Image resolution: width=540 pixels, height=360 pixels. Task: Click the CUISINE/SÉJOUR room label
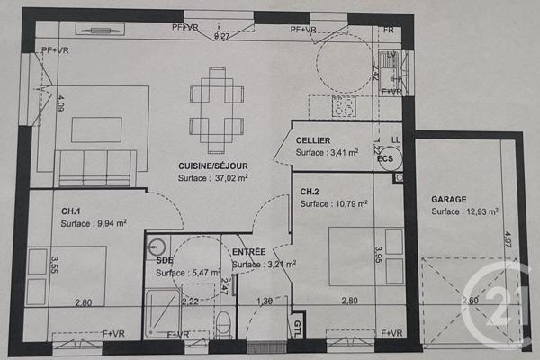pyautogui.click(x=212, y=166)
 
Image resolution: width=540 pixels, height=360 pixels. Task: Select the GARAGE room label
pyautogui.click(x=450, y=199)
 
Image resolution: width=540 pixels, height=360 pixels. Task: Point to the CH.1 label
pyautogui.click(x=71, y=211)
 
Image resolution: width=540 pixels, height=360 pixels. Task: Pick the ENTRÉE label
pyautogui.click(x=248, y=252)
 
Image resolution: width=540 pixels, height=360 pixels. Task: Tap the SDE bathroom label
pyautogui.click(x=164, y=260)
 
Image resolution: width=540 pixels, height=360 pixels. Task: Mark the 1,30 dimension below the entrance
pyautogui.click(x=264, y=301)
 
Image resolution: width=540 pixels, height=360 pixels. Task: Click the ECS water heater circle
pyautogui.click(x=386, y=159)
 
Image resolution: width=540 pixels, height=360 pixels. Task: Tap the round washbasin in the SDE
pyautogui.click(x=157, y=244)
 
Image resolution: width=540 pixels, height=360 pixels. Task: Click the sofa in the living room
pyautogui.click(x=96, y=166)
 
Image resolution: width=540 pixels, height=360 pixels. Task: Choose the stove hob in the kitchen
pyautogui.click(x=345, y=107)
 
